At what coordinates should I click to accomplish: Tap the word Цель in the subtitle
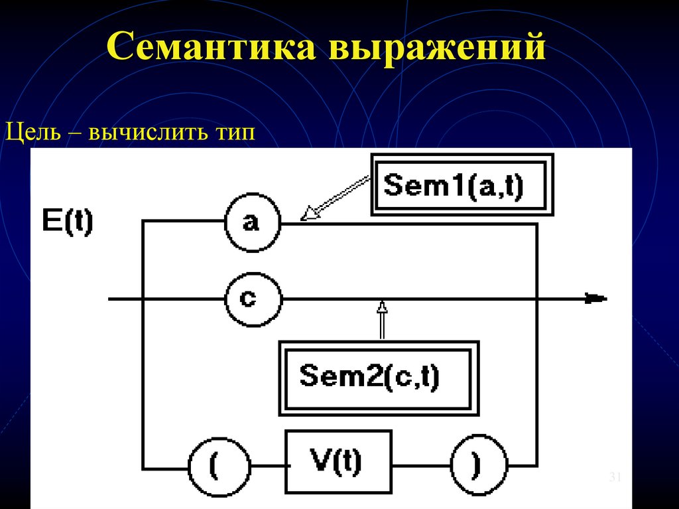(x=33, y=131)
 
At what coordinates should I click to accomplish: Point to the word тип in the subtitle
(x=234, y=132)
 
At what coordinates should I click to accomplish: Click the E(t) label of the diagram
(x=67, y=221)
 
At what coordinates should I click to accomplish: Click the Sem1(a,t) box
(x=462, y=184)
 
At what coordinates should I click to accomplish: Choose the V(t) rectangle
(x=338, y=462)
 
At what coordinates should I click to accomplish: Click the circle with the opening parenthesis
(x=218, y=467)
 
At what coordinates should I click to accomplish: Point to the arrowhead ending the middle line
(x=594, y=299)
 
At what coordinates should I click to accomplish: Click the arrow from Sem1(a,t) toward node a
(x=335, y=197)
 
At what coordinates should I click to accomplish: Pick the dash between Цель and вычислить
(x=72, y=132)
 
